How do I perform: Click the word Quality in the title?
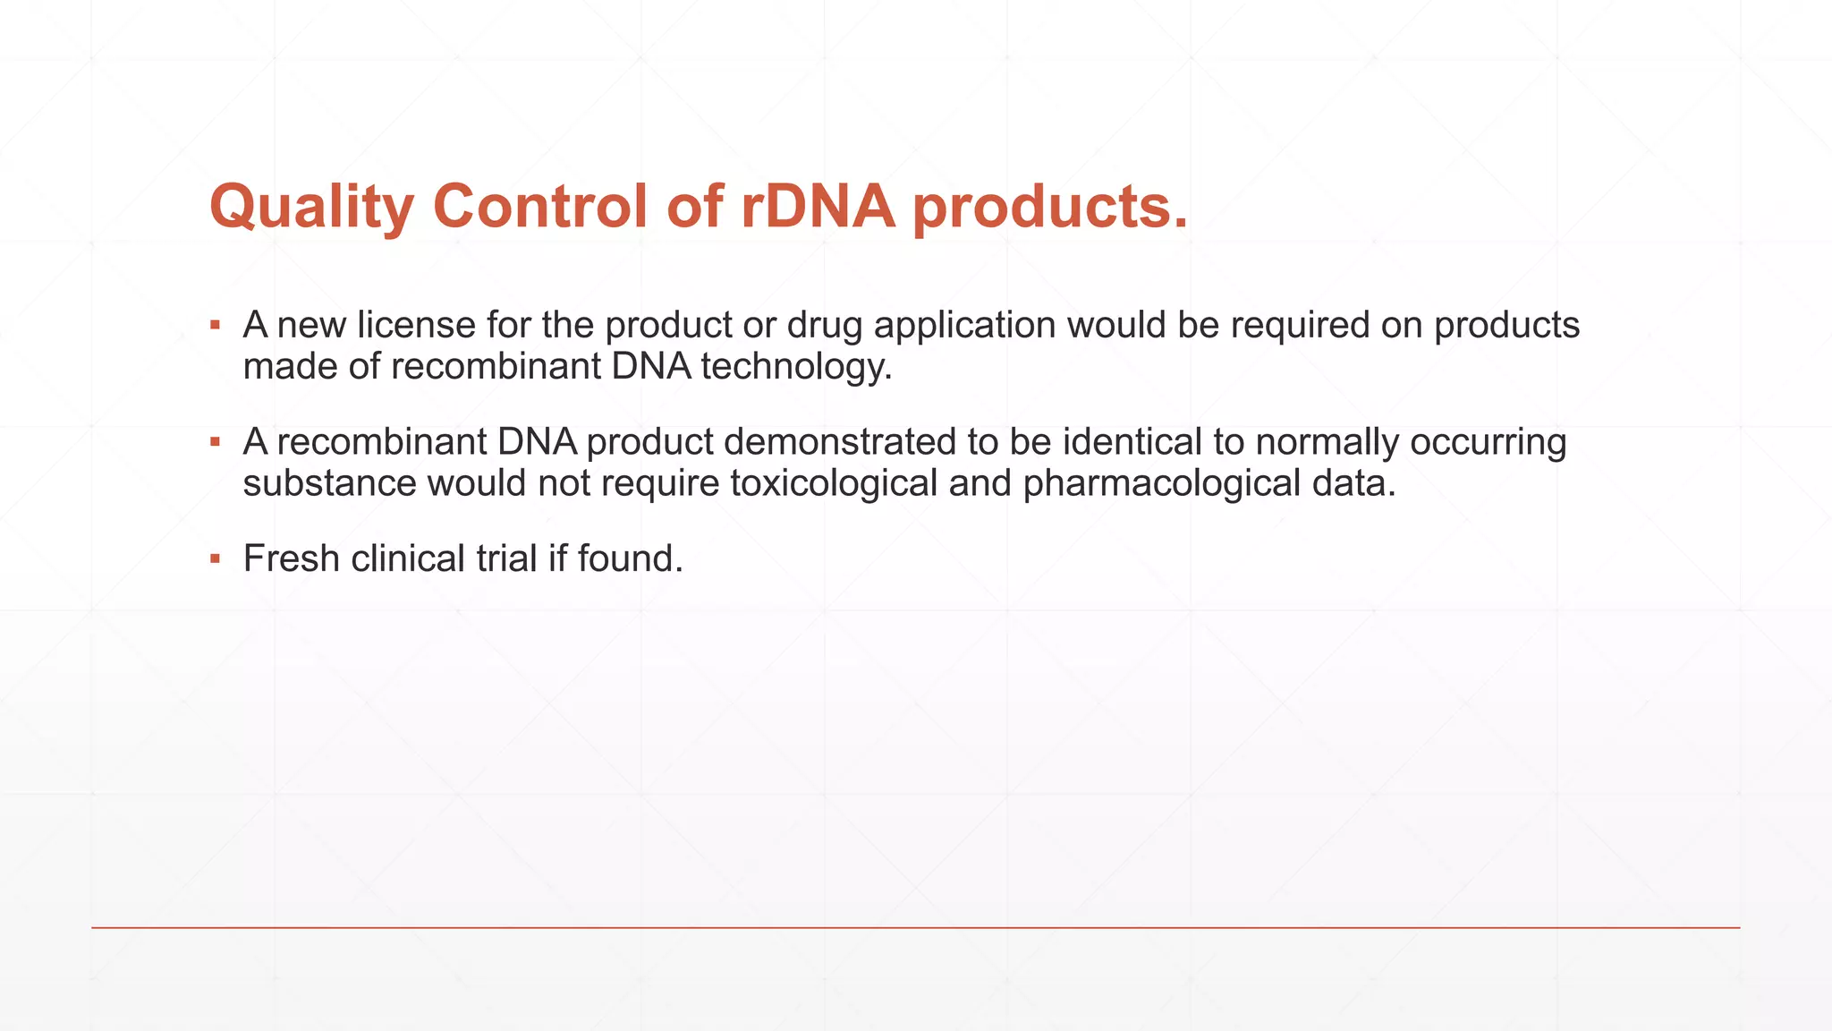pyautogui.click(x=310, y=207)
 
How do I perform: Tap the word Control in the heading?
pyautogui.click(x=540, y=207)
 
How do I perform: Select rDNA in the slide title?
pyautogui.click(x=818, y=207)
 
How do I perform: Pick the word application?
pyautogui.click(x=964, y=325)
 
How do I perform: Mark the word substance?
pyautogui.click(x=330, y=483)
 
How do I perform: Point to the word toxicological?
pyautogui.click(x=834, y=483)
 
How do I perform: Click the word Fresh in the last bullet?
pyautogui.click(x=292, y=558)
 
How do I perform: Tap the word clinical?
pyautogui.click(x=408, y=558)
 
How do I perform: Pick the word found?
pyautogui.click(x=630, y=558)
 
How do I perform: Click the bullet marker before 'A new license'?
pyautogui.click(x=215, y=325)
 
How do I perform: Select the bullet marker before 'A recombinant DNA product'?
pyautogui.click(x=215, y=442)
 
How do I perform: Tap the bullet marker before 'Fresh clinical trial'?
pyautogui.click(x=215, y=559)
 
